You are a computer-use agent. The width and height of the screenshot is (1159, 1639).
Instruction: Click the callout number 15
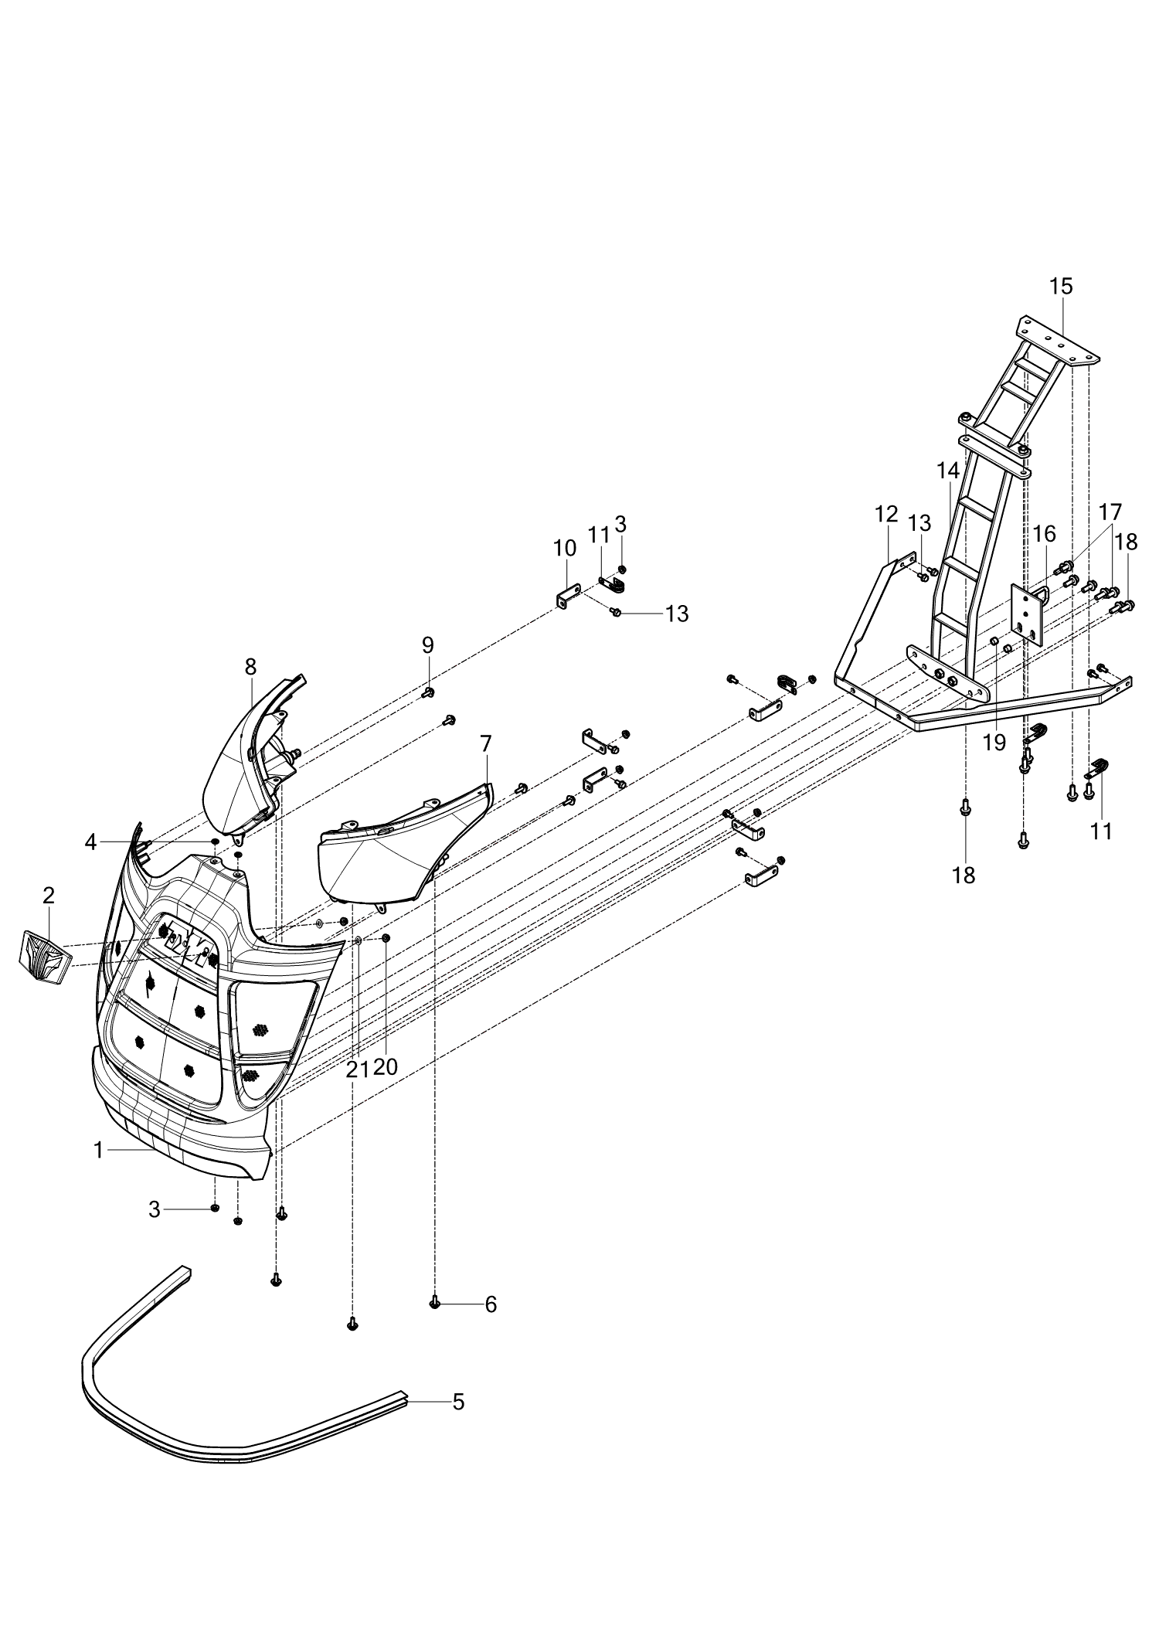pos(1061,287)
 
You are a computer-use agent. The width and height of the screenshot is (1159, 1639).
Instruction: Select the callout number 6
pos(491,1304)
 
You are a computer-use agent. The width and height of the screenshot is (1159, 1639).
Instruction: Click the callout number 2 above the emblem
pos(49,896)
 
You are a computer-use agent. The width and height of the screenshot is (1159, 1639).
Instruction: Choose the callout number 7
pos(485,744)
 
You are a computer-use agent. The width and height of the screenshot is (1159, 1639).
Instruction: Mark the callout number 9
pos(427,645)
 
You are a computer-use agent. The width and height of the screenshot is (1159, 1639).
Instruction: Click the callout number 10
pos(565,549)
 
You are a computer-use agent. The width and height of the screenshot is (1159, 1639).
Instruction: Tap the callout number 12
pos(886,514)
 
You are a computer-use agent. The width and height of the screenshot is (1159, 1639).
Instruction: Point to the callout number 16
pos(1044,534)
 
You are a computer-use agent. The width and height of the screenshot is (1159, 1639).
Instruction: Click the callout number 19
pos(994,743)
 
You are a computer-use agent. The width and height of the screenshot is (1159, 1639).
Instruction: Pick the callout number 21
pos(358,1069)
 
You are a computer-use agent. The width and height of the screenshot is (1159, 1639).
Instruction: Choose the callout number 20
pos(385,1067)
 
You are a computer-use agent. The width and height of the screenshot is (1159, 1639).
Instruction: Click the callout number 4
pos(91,842)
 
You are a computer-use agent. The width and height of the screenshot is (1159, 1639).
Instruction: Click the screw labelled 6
pos(434,1304)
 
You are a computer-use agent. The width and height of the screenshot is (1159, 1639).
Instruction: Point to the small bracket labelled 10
pos(567,597)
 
